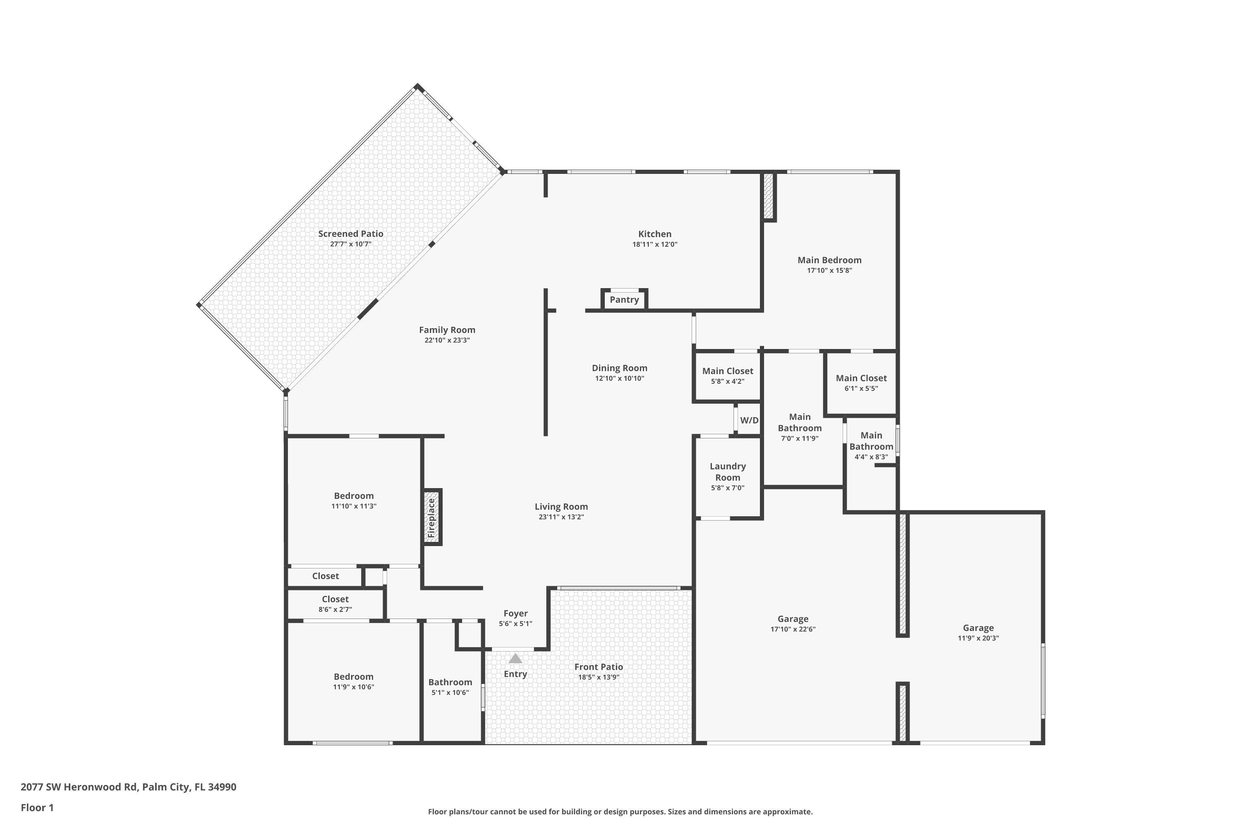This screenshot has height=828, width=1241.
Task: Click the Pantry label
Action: (x=624, y=300)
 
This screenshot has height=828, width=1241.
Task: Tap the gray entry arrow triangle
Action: (x=515, y=659)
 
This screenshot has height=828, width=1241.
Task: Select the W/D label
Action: (x=749, y=420)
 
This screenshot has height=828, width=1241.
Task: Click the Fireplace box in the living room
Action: (x=432, y=517)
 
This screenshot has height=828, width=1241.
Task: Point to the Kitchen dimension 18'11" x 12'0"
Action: (x=655, y=245)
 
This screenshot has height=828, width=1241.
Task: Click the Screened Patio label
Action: (x=351, y=233)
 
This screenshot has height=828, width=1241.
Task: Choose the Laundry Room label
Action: (x=728, y=472)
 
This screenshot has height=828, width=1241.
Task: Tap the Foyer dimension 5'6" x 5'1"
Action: (x=515, y=623)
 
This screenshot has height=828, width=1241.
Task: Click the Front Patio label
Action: (x=599, y=667)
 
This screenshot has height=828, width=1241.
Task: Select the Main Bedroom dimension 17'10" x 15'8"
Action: (x=829, y=270)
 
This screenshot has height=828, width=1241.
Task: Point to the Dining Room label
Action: (x=619, y=368)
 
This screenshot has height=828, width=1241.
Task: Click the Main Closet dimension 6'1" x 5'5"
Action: (x=861, y=389)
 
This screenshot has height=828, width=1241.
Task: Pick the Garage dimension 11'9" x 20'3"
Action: (x=978, y=638)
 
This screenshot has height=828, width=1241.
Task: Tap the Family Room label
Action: (x=448, y=330)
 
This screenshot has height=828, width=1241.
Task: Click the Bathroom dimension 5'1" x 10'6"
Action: (x=450, y=693)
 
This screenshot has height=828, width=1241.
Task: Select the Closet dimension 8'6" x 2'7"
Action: (x=335, y=609)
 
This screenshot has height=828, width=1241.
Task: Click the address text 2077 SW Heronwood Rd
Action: (x=79, y=787)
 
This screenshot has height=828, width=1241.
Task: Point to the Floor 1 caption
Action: (x=38, y=807)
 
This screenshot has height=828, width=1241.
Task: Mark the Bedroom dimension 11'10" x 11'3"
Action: (x=354, y=506)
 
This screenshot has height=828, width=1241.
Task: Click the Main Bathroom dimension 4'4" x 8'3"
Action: (x=871, y=457)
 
